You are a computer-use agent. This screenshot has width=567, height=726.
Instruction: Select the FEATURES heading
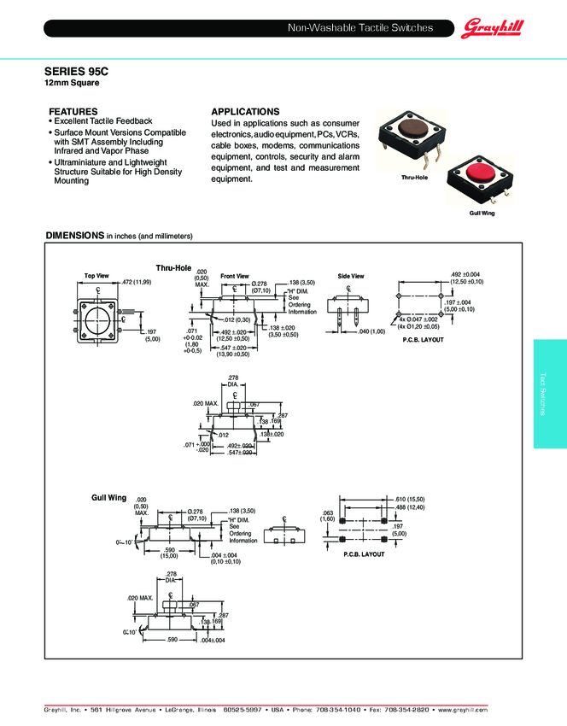(73, 112)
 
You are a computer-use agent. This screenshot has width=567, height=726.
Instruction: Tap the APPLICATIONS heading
(245, 112)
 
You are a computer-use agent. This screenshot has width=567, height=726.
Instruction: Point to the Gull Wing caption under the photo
(482, 212)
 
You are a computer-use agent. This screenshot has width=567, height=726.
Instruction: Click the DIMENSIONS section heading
(74, 235)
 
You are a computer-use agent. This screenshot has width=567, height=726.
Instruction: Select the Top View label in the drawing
(96, 275)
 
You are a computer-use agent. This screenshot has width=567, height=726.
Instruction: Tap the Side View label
(351, 276)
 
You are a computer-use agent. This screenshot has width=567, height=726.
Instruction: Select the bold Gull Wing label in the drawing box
(109, 496)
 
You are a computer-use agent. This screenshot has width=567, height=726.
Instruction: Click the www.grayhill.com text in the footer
(465, 710)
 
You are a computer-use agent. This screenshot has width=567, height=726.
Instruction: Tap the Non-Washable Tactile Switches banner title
(360, 28)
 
